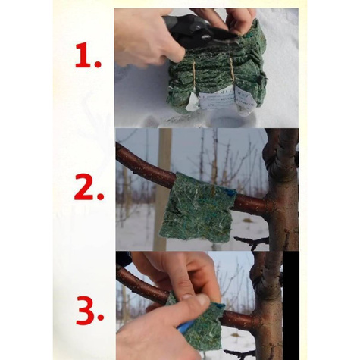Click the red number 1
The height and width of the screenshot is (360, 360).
click(84, 55)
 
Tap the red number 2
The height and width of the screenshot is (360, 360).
click(83, 186)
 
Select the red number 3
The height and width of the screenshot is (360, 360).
click(86, 310)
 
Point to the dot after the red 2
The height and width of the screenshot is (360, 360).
click(100, 196)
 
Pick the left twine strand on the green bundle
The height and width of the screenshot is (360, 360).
click(194, 75)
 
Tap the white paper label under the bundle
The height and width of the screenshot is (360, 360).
click(221, 101)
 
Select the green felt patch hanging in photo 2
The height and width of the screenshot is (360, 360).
click(198, 207)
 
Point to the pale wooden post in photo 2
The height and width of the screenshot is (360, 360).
click(162, 189)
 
